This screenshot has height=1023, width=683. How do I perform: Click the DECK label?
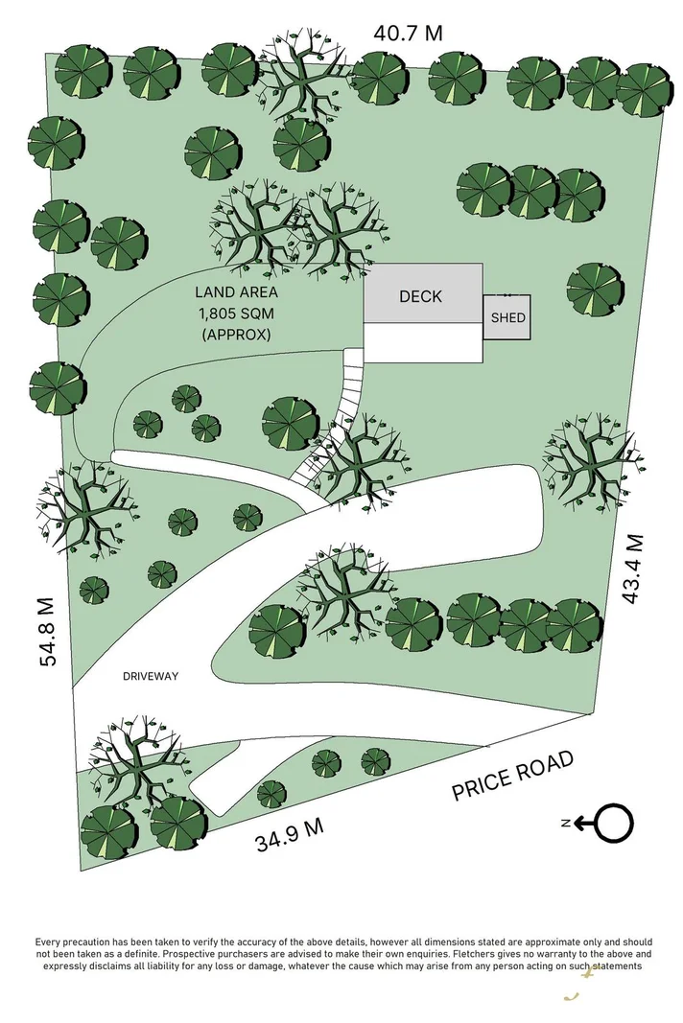[420, 296]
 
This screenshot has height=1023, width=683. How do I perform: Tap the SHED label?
[507, 317]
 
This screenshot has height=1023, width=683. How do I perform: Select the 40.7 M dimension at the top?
[409, 33]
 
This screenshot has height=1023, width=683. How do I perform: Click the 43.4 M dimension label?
[632, 570]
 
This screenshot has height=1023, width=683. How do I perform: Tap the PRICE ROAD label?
[513, 776]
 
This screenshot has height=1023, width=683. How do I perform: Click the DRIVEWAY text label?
[151, 676]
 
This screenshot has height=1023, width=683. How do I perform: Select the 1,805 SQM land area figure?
[237, 314]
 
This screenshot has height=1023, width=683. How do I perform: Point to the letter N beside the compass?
[568, 823]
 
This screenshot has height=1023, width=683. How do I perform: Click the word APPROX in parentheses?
[237, 335]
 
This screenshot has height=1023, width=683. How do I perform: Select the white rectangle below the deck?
[422, 342]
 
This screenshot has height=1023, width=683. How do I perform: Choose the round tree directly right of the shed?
[594, 289]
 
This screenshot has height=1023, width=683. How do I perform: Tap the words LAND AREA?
[237, 292]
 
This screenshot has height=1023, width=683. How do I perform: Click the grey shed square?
[506, 316]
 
